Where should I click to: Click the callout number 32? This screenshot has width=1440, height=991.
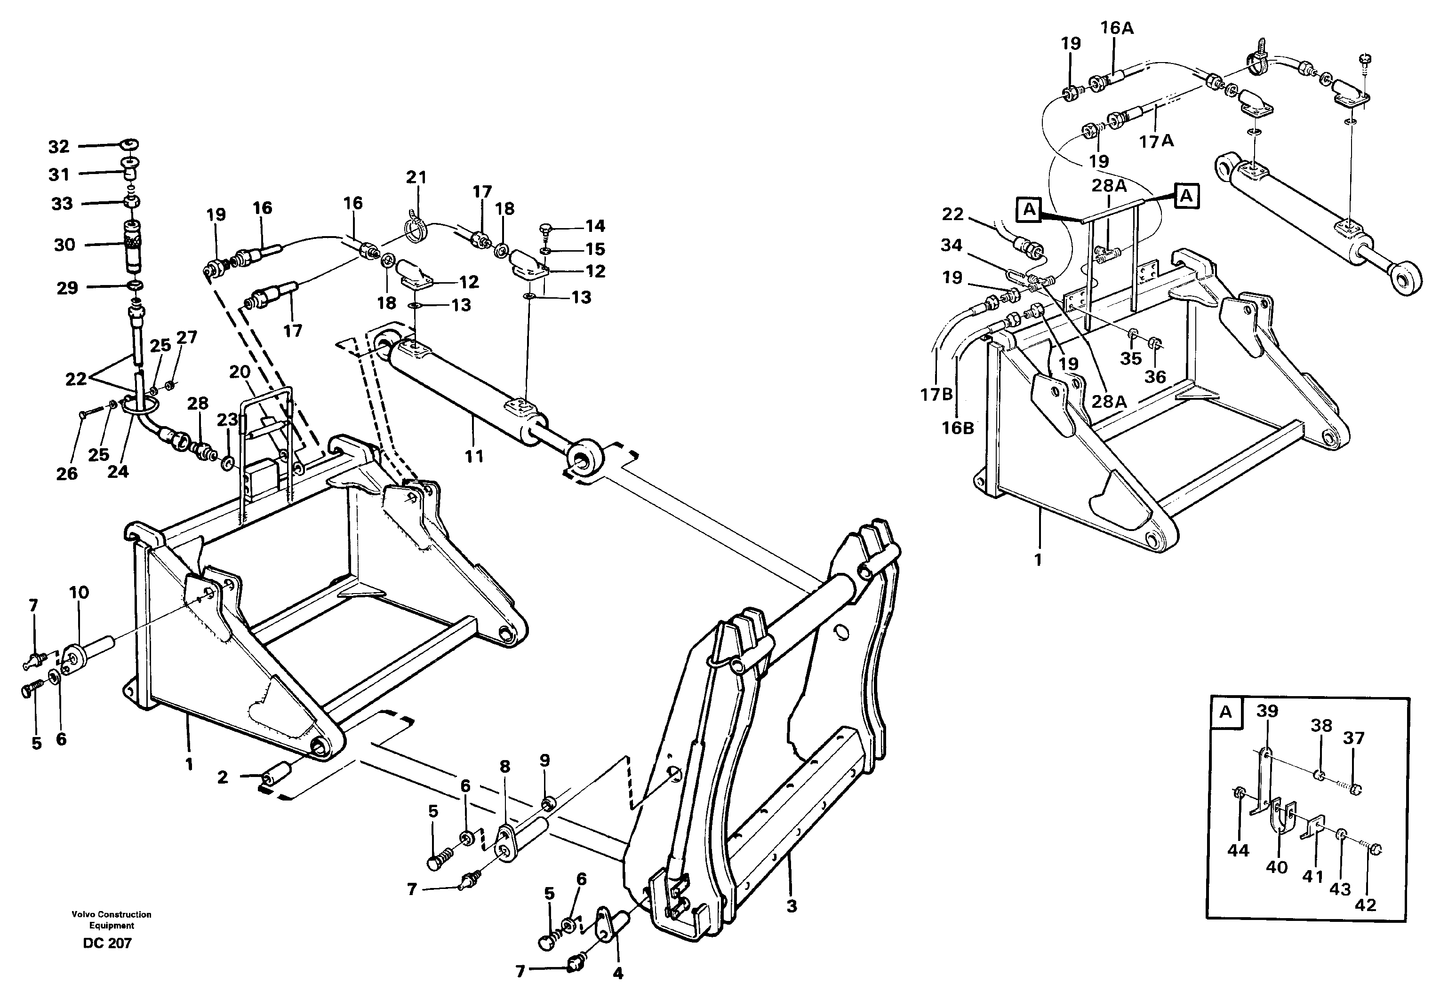(x=58, y=147)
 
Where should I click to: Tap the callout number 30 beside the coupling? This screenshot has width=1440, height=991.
(x=64, y=245)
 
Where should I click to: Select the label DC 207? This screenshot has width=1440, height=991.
(x=107, y=943)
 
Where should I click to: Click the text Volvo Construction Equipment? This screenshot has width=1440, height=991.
(x=111, y=920)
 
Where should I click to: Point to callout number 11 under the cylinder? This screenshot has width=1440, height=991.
(x=474, y=456)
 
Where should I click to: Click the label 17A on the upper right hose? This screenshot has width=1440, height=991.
(x=1156, y=142)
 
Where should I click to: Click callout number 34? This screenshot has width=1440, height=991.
(x=951, y=245)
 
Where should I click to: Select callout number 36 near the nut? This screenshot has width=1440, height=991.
(x=1155, y=376)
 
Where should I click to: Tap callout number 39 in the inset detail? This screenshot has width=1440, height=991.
(x=1267, y=711)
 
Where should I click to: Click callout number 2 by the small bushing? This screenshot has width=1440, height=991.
(x=223, y=777)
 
